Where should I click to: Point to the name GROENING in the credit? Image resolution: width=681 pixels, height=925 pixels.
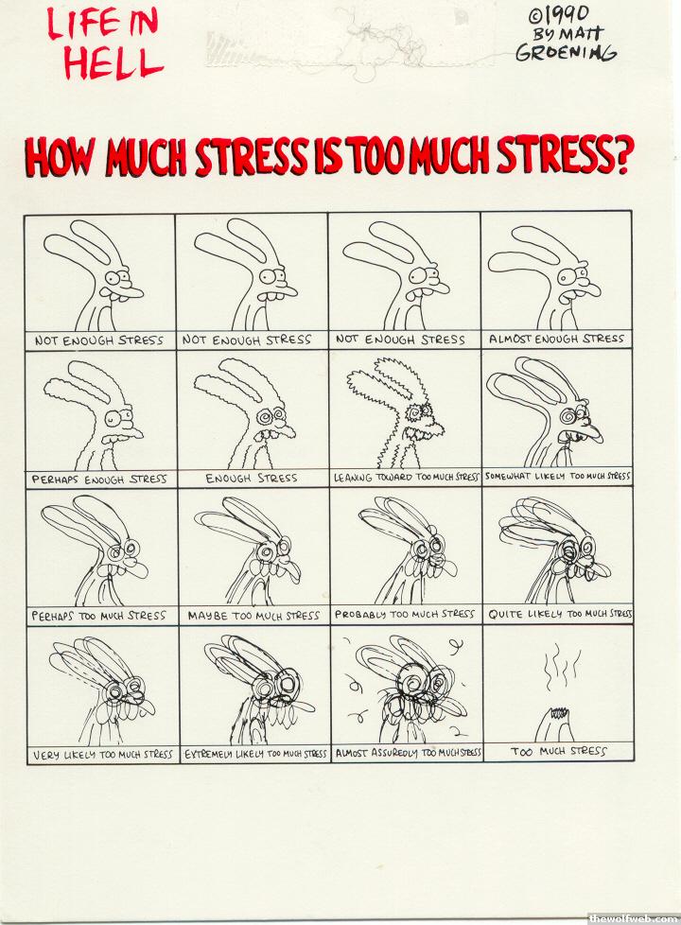[566, 53]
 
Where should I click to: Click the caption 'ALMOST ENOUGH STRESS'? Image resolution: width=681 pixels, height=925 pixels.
[556, 340]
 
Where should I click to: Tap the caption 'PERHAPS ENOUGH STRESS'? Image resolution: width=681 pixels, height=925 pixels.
[99, 479]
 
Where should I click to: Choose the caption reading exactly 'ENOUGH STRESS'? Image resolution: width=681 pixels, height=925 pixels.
[252, 478]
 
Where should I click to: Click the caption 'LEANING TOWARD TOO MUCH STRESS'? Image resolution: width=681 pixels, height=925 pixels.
[406, 477]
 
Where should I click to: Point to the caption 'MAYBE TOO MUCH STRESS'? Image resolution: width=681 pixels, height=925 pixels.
[253, 616]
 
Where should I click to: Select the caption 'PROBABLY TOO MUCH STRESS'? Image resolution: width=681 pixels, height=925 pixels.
[405, 614]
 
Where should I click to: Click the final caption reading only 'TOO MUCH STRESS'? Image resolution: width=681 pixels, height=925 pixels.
[558, 752]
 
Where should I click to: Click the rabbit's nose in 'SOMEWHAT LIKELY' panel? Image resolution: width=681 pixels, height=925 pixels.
[592, 430]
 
